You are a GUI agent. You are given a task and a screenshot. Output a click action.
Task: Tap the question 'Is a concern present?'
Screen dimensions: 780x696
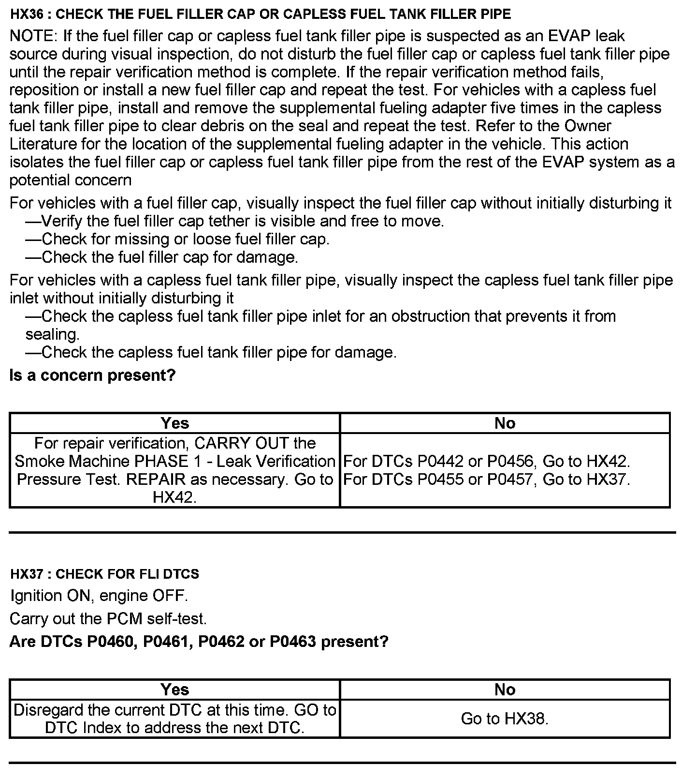pyautogui.click(x=92, y=375)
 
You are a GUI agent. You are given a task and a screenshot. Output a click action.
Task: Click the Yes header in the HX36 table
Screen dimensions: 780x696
pyautogui.click(x=174, y=423)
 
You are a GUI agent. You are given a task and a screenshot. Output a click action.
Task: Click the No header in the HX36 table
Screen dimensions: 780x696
pyautogui.click(x=505, y=423)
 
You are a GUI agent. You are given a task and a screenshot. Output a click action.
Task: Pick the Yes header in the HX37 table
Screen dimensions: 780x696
pyautogui.click(x=174, y=690)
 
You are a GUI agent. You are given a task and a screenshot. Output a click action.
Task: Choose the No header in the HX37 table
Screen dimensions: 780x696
pyautogui.click(x=505, y=690)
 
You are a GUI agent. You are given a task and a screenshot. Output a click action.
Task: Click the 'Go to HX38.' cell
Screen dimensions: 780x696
pyautogui.click(x=505, y=719)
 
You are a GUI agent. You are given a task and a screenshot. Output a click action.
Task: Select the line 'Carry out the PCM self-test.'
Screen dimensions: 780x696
pyautogui.click(x=108, y=618)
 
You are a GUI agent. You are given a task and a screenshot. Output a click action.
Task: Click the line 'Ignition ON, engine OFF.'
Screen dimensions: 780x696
pyautogui.click(x=99, y=595)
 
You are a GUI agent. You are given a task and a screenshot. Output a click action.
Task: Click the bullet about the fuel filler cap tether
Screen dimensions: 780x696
pyautogui.click(x=235, y=221)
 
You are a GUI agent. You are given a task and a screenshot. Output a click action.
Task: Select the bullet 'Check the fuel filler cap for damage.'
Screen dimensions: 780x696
pyautogui.click(x=162, y=257)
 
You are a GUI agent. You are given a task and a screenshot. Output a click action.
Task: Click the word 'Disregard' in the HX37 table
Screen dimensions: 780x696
pyautogui.click(x=47, y=710)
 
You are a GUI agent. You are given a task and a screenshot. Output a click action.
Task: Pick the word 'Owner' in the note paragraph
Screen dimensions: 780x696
pyautogui.click(x=587, y=126)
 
